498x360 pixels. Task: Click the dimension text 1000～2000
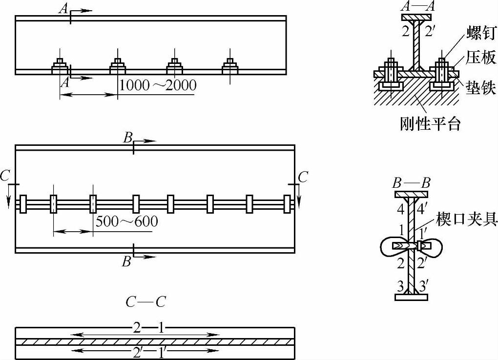coord(158,85)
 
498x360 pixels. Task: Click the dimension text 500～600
coord(126,221)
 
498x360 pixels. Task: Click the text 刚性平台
coord(430,124)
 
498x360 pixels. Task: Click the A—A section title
coord(415,6)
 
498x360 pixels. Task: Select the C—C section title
coord(145,302)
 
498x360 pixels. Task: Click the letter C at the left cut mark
coord(5,177)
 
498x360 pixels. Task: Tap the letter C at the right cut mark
coord(303,177)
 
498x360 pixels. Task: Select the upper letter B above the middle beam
coord(128,138)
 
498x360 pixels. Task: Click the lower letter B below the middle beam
coord(127,261)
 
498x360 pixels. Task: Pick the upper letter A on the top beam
coord(63,8)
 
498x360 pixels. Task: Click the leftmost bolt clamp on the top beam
coord(60,66)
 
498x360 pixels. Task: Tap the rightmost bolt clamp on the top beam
coord(230,66)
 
